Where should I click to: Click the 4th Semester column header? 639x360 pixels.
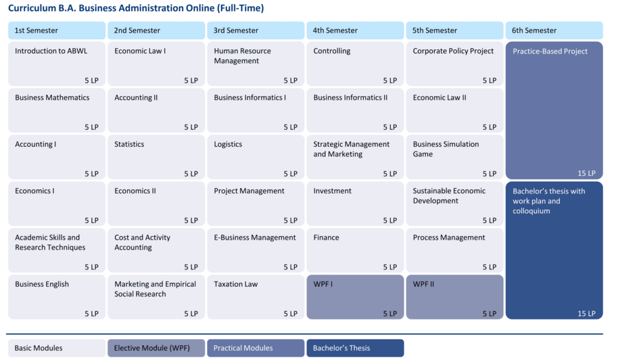[x=355, y=30]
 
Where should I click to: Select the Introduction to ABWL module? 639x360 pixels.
[x=57, y=64]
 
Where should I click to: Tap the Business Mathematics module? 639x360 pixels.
[x=57, y=110]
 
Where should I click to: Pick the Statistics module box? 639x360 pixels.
[x=156, y=157]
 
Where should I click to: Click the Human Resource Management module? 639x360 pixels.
[x=256, y=64]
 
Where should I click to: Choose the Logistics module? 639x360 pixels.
[x=256, y=157]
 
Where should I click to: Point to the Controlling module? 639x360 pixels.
[x=355, y=64]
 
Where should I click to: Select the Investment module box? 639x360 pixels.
[x=355, y=204]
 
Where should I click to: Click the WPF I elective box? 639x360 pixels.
[x=355, y=297]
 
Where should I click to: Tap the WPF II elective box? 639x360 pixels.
[x=454, y=297]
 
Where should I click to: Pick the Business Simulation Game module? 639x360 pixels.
[x=454, y=157]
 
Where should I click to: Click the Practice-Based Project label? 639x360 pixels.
[x=550, y=51]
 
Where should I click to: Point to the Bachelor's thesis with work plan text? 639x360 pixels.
[x=549, y=201]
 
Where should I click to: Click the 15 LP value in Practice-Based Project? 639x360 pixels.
[x=586, y=173]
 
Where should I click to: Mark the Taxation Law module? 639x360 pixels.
[x=256, y=297]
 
